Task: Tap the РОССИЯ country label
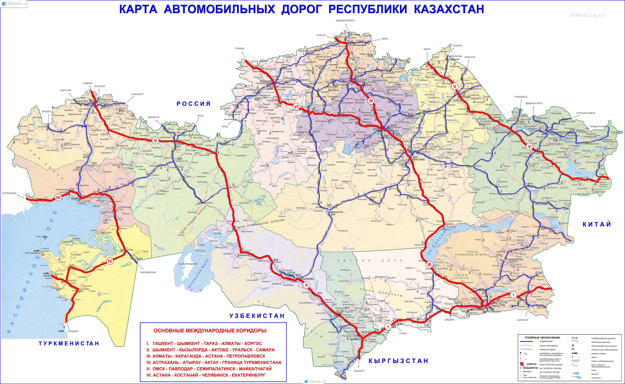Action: tap(194, 104)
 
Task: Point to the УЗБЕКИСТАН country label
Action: tap(257, 316)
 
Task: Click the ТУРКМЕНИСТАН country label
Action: tap(69, 343)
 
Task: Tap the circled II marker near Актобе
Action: tap(155, 140)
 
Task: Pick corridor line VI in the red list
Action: tap(206, 375)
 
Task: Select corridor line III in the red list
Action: tap(206, 356)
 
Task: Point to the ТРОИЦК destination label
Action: tap(240, 48)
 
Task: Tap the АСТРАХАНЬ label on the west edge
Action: tap(9, 193)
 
